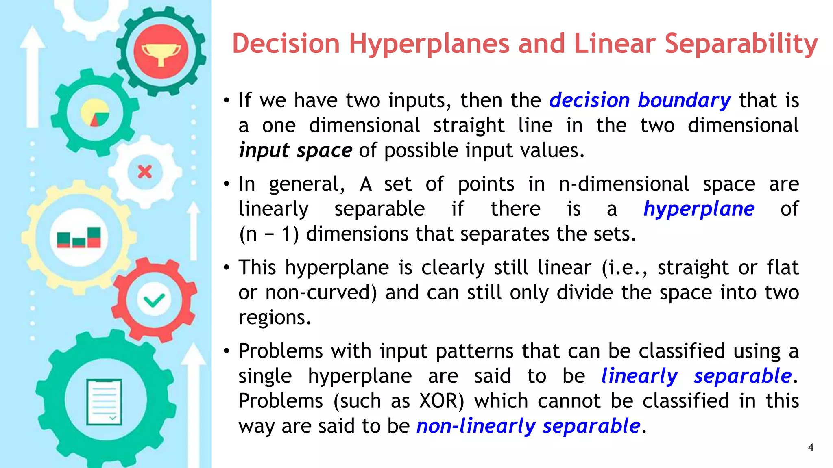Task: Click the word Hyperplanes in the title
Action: (x=429, y=44)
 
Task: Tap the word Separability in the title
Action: (x=741, y=44)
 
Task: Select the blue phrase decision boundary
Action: (x=640, y=100)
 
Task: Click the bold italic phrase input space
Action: (x=295, y=151)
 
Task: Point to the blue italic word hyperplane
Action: (x=699, y=209)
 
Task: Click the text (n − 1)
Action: (x=269, y=234)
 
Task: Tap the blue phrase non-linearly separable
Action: (x=528, y=426)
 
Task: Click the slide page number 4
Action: (x=811, y=447)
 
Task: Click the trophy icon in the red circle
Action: (x=161, y=53)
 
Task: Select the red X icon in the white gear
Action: (x=145, y=172)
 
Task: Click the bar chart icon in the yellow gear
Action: (x=79, y=237)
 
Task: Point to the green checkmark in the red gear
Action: (x=154, y=301)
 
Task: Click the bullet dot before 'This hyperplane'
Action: (x=227, y=268)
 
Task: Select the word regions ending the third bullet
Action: (x=275, y=318)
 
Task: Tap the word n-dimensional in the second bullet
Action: (x=624, y=184)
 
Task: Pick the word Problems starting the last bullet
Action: (x=281, y=351)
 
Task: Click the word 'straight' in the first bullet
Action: (x=469, y=126)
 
